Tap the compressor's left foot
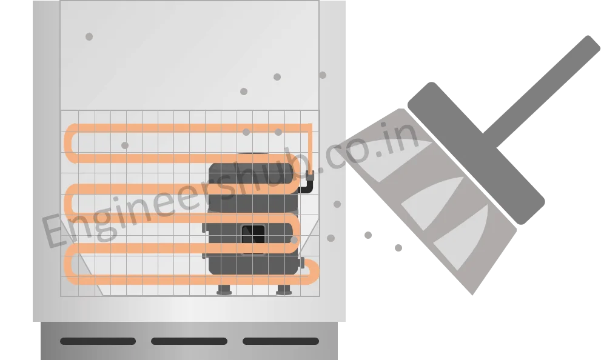[224, 290]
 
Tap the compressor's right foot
[283, 290]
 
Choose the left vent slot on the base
[98, 341]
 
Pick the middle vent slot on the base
[189, 341]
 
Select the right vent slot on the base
[280, 341]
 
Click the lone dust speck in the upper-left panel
[89, 37]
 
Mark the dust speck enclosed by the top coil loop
[125, 145]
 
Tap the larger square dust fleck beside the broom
[368, 234]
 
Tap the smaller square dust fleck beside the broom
[398, 247]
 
